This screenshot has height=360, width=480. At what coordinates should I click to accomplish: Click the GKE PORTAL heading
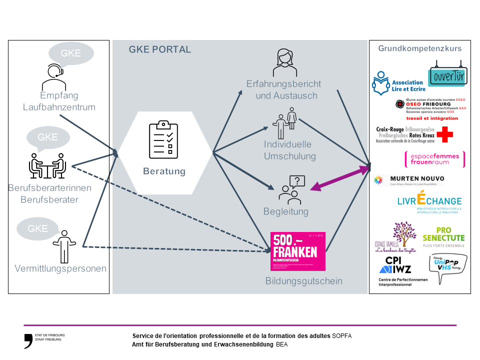point(159,49)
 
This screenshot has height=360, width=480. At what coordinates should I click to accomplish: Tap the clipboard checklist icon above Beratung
point(163,139)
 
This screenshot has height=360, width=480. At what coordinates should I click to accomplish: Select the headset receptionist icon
point(53,76)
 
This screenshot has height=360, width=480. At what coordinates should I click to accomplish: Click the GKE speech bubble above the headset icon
point(70,53)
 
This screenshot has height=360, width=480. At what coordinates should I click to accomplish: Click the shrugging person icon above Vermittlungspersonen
point(64,246)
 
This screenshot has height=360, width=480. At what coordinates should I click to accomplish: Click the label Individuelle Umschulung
point(290,150)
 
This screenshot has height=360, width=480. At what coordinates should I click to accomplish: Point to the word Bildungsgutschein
point(303,281)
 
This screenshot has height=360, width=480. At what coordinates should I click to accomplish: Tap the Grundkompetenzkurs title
point(419,48)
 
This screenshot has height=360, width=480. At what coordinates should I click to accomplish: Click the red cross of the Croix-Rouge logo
point(445,134)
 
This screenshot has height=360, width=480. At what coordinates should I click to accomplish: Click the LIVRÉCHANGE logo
point(429,201)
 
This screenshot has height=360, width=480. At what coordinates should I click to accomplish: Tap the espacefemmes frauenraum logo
point(434,158)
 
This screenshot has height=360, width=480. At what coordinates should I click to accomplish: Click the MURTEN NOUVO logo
point(409,180)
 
